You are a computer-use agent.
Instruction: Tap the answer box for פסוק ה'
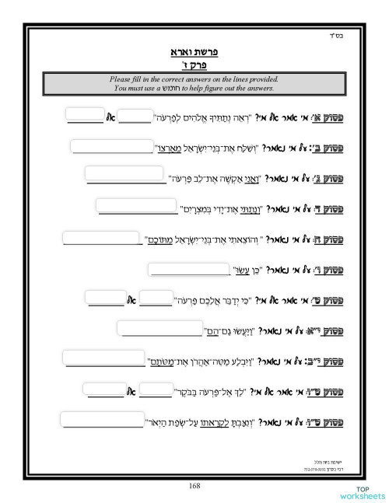coord(102,237)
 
